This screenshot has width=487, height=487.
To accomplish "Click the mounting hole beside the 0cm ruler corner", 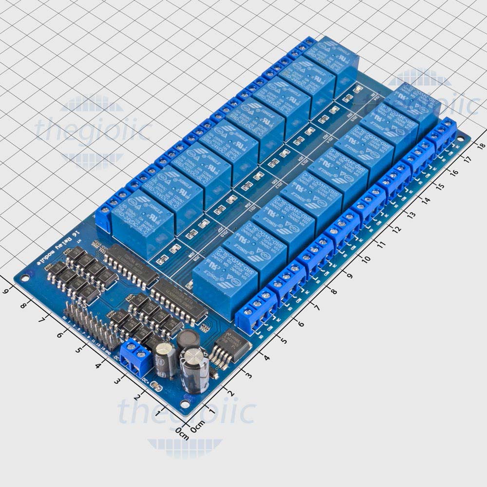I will (185, 404).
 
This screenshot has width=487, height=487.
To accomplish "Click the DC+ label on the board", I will (148, 380).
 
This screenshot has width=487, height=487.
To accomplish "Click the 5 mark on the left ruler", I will (77, 349).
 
